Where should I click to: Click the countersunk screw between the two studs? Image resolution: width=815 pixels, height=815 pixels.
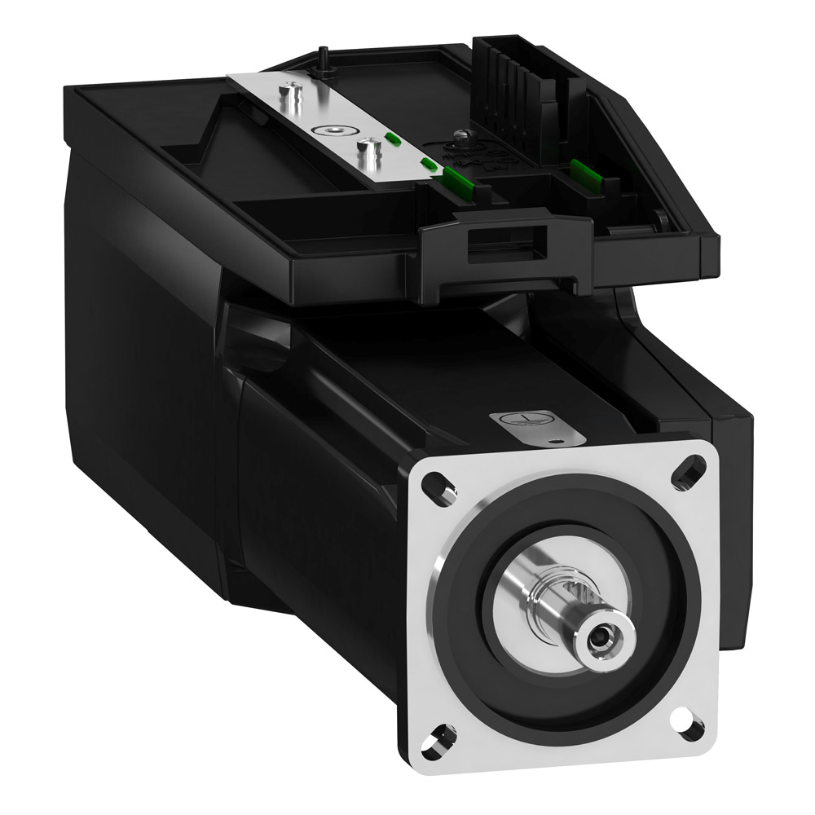tap(330, 130)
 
